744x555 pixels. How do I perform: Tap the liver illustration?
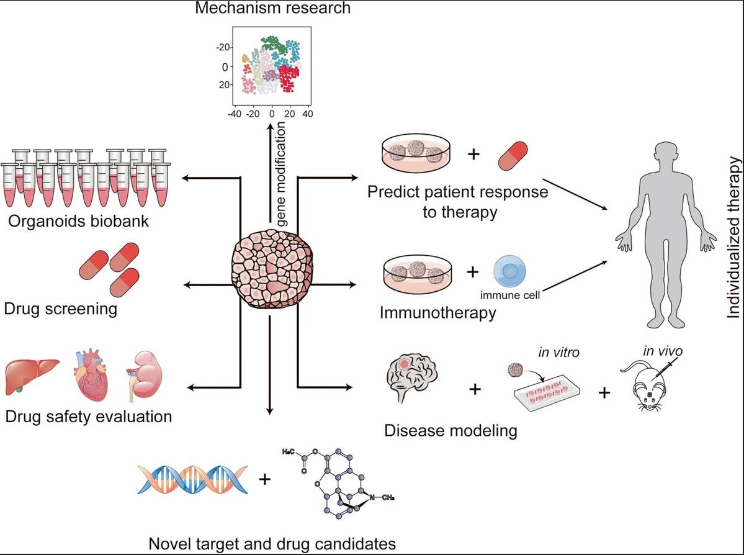[x=32, y=377]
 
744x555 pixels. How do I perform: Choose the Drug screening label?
[x=60, y=308]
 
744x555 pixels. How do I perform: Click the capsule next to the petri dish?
[x=513, y=156]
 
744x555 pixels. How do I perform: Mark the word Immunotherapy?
[x=438, y=312]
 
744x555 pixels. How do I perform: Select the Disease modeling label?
[x=450, y=430]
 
